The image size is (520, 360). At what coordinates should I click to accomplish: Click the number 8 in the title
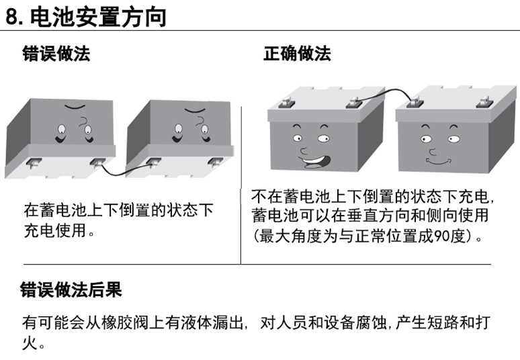click(14, 16)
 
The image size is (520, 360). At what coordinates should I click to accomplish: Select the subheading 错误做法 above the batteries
click(56, 54)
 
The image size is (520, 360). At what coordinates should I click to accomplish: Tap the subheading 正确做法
click(297, 54)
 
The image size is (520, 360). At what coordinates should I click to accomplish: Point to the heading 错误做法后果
click(72, 290)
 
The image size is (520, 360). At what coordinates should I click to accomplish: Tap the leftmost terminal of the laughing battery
click(282, 103)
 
